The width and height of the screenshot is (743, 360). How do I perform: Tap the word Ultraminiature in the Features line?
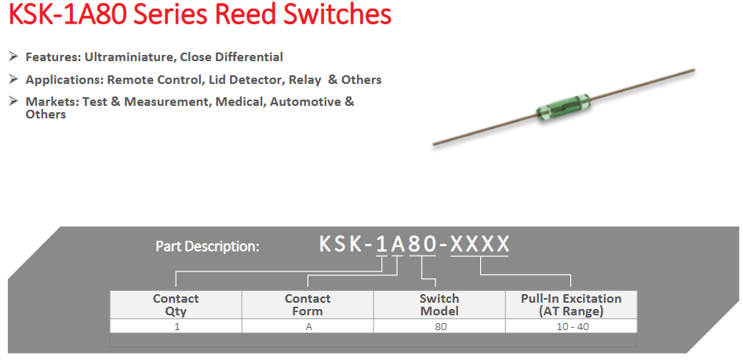click(x=129, y=57)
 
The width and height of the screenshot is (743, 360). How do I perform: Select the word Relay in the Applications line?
click(x=305, y=80)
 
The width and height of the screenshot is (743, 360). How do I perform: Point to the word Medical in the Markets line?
click(x=240, y=102)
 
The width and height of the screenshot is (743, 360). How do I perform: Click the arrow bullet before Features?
click(x=13, y=56)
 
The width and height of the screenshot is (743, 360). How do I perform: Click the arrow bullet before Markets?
click(x=13, y=101)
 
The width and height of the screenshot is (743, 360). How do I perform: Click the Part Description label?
click(x=207, y=246)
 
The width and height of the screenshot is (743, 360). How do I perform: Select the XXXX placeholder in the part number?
click(x=480, y=244)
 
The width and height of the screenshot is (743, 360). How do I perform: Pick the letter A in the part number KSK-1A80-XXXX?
click(x=399, y=244)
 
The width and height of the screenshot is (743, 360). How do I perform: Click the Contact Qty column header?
click(x=176, y=304)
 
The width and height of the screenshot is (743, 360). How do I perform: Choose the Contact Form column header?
click(x=308, y=304)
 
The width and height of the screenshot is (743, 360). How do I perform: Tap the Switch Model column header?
click(x=439, y=304)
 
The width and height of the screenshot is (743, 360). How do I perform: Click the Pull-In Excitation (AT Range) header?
click(x=571, y=304)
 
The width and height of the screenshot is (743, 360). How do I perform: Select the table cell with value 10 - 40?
click(x=571, y=326)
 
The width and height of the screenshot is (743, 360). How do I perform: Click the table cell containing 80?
click(x=440, y=326)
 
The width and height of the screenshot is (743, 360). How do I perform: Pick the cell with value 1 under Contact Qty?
click(x=176, y=326)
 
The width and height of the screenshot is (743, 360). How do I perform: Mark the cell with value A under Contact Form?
click(x=308, y=326)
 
